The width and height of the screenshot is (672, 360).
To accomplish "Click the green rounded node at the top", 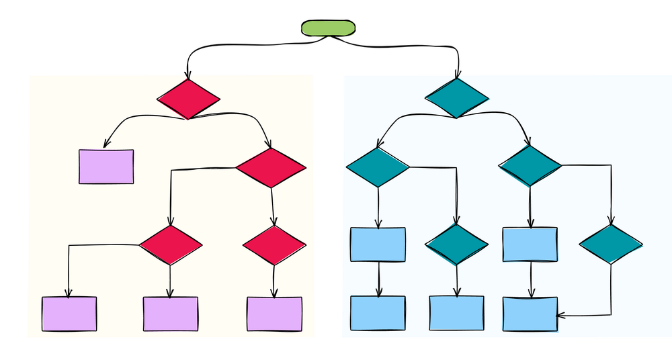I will point(327,28).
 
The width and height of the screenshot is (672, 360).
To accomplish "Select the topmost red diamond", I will point(188,99).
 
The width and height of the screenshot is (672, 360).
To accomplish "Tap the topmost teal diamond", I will point(457,98).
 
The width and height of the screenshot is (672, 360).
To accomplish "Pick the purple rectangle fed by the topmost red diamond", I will point(106,167).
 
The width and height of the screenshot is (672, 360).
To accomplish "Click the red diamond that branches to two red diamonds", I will point(271,168).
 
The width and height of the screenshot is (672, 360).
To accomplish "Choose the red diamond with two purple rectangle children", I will point(170,245).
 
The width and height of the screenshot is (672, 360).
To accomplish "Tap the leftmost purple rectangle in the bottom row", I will point(69,314).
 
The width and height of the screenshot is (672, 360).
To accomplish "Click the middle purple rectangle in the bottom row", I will point(171,314).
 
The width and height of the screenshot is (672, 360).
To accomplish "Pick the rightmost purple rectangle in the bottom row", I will point(274,314).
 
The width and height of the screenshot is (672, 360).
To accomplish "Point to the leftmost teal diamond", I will point(378,167).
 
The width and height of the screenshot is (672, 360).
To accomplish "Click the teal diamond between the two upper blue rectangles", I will point(457,244).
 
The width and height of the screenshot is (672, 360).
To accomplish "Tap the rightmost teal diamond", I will point(610,244).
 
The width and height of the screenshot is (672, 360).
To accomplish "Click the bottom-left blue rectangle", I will point(378,314).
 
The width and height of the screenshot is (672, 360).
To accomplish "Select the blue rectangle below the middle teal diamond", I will point(457,314).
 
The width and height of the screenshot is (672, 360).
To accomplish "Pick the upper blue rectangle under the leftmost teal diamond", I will point(378,244).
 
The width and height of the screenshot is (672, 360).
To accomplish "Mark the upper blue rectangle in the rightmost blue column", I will point(530,244).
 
